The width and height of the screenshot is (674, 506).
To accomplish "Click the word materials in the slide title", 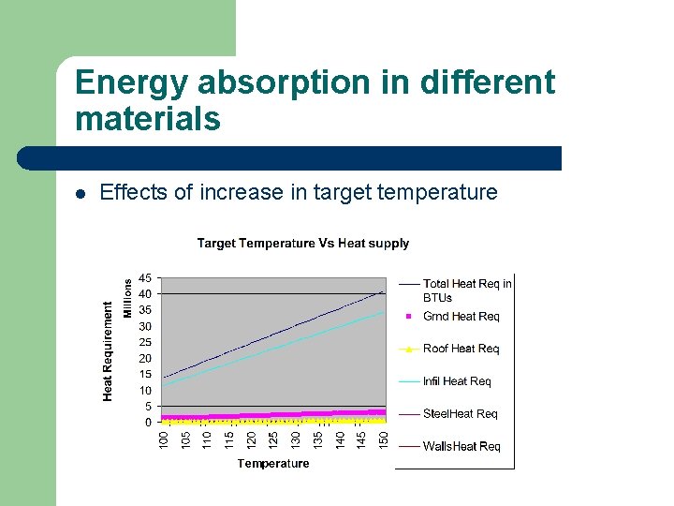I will tap(147, 120).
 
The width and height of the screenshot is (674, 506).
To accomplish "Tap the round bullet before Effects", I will tap(81, 194).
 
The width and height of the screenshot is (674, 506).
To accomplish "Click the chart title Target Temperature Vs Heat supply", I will tap(302, 244).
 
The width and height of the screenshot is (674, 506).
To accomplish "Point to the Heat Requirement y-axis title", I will tap(108, 350).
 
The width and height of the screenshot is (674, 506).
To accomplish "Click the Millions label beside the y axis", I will tap(128, 297).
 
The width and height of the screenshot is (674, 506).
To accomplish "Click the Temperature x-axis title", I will tap(272, 464).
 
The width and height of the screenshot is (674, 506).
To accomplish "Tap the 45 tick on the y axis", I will tap(146, 278).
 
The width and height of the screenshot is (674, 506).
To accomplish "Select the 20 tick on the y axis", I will tap(146, 359).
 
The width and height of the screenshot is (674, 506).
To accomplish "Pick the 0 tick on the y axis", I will tap(149, 423).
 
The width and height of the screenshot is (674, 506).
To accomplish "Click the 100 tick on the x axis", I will tap(163, 438).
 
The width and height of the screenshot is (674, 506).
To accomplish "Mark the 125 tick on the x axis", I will tap(273, 438).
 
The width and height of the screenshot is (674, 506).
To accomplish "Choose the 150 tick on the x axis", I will tap(383, 438).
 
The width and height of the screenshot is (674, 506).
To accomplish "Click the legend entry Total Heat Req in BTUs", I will tap(466, 290).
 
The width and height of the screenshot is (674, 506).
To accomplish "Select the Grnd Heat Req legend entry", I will tap(461, 317).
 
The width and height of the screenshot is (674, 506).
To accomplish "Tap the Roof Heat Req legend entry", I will tap(461, 349).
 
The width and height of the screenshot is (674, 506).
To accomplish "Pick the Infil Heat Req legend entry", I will tap(457, 381).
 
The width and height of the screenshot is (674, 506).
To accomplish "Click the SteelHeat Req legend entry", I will tap(460, 414).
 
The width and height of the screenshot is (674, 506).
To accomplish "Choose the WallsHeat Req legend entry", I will tap(462, 447).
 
